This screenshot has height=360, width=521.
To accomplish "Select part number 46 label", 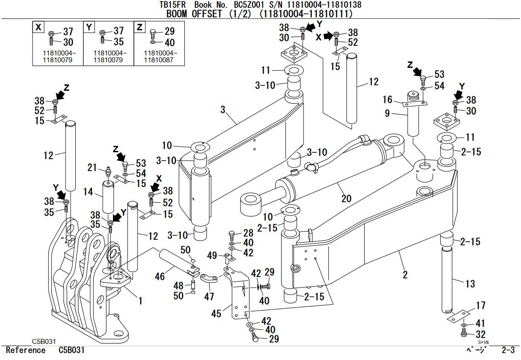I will click(x=160, y=276).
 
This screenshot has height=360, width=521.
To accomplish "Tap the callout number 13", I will click(x=470, y=284).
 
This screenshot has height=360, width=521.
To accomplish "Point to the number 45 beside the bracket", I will click(x=216, y=313).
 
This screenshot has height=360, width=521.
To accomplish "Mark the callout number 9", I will click(x=387, y=112).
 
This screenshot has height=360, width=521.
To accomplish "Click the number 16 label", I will click(x=388, y=100).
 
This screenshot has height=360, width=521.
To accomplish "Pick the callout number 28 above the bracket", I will click(x=248, y=234).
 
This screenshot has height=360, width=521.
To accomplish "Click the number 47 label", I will click(x=209, y=297).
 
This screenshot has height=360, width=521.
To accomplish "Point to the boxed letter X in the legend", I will click(x=39, y=28).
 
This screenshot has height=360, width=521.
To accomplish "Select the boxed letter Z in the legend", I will click(x=139, y=28).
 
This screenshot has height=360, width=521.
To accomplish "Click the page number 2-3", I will click(x=508, y=350).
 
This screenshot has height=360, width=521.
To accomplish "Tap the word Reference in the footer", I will click(x=25, y=350).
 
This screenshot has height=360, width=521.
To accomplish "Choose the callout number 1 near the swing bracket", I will click(x=140, y=301).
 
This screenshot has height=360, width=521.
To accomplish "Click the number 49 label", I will click(x=212, y=255).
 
